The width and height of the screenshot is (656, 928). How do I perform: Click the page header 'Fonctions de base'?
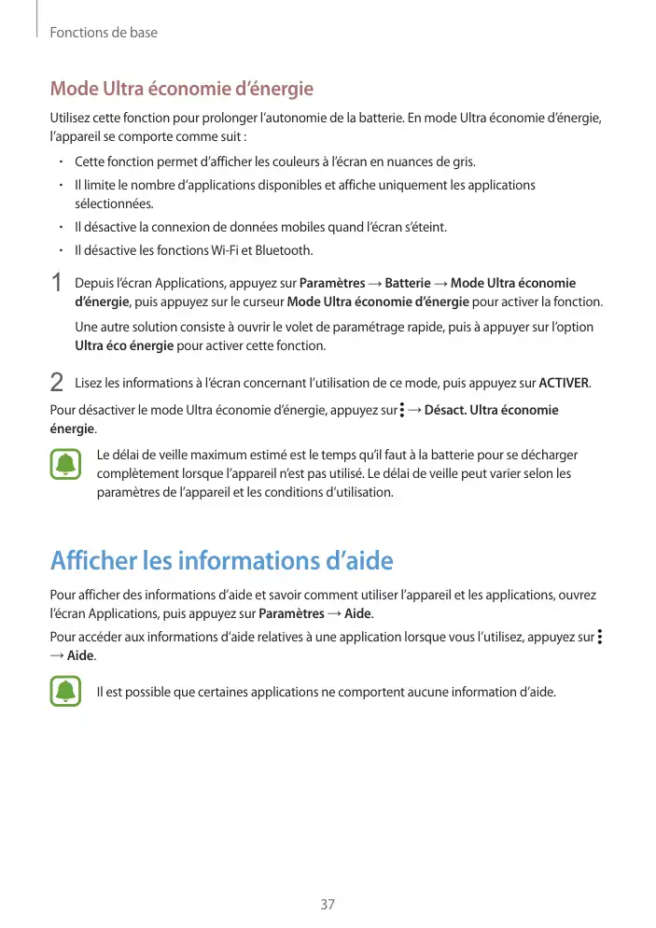click(104, 33)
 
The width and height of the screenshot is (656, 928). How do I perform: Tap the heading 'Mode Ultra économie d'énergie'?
click(181, 90)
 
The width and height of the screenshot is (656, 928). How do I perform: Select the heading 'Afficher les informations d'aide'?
click(221, 561)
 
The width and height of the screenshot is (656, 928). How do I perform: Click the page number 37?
click(328, 905)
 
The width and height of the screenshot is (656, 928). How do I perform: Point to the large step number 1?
click(57, 283)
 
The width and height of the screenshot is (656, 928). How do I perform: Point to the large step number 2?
click(57, 383)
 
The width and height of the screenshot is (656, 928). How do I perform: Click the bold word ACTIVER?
click(565, 384)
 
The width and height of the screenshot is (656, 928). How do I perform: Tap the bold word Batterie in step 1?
click(408, 284)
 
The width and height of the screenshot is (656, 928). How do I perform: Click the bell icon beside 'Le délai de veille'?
click(65, 465)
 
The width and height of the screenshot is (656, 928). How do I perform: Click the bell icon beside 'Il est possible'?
click(65, 692)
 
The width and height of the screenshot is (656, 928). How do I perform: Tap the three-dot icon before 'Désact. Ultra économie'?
click(401, 410)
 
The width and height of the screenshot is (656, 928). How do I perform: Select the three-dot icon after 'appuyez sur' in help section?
click(599, 638)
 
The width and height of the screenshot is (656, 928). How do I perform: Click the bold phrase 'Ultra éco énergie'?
click(123, 346)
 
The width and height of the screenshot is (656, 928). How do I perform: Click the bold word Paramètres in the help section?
click(291, 614)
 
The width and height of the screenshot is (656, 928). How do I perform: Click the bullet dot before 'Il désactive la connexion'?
click(59, 228)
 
